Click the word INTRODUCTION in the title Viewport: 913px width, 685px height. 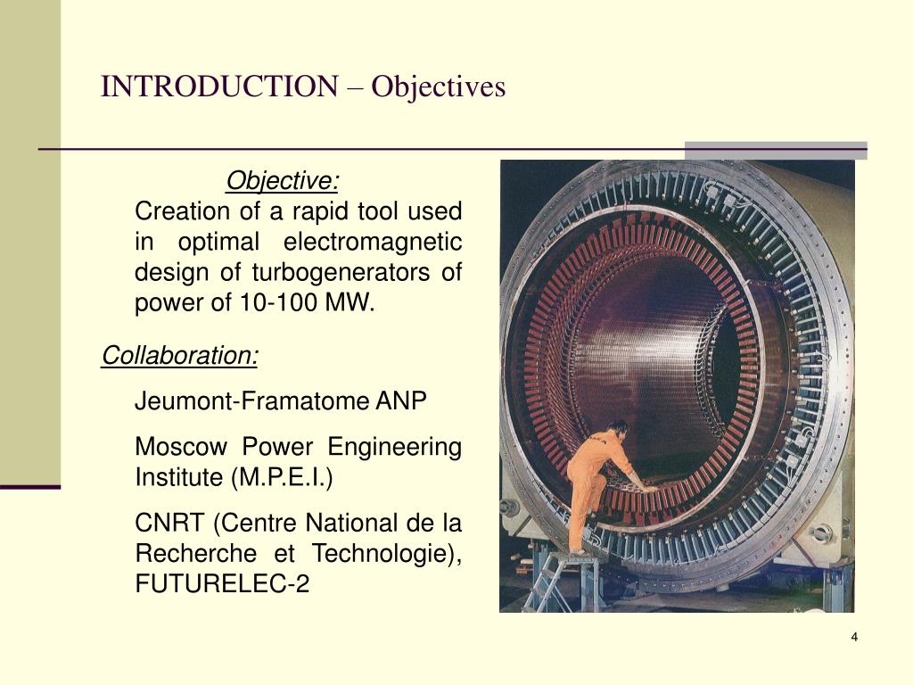click(218, 87)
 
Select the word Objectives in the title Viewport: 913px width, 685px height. click(439, 87)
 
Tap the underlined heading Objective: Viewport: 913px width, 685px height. click(283, 182)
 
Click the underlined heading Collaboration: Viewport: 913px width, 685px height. click(180, 356)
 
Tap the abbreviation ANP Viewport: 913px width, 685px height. click(401, 401)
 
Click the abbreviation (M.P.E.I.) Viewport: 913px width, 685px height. click(282, 478)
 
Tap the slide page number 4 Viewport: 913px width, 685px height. click(854, 637)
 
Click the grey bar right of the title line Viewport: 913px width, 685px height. click(775, 151)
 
